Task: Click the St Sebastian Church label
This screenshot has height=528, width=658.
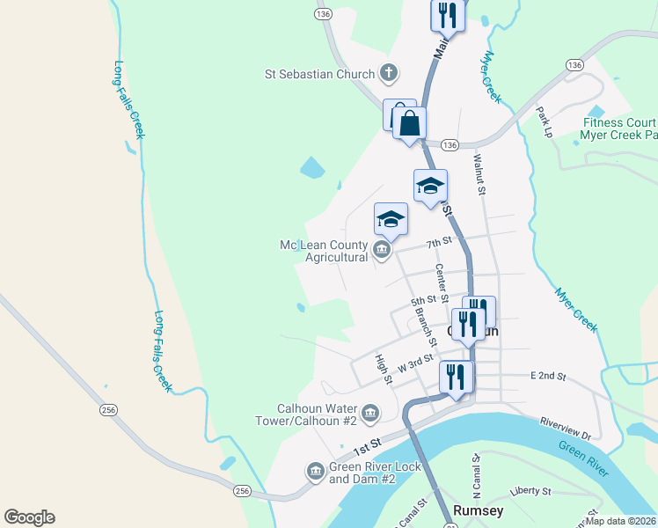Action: [320, 75]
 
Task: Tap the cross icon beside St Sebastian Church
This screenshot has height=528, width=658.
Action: [389, 74]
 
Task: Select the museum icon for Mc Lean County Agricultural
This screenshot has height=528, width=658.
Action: [381, 251]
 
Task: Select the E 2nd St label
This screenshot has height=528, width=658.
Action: [547, 376]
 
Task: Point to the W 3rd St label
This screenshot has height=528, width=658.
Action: [415, 362]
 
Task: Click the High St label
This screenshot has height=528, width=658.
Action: [383, 369]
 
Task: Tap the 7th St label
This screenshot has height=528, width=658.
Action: [438, 241]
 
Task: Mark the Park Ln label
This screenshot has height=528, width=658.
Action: [545, 121]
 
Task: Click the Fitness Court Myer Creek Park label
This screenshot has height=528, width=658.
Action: [618, 129]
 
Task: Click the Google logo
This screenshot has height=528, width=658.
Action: [29, 517]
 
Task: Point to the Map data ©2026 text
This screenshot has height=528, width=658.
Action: [620, 521]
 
